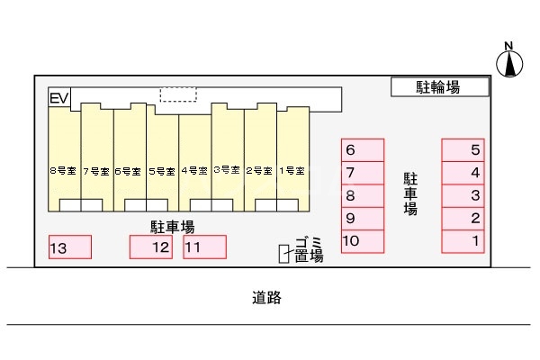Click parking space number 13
tap(69, 247)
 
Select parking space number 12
tap(150, 247)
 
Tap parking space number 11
tap(204, 247)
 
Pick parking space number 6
tap(363, 150)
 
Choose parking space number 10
tap(363, 240)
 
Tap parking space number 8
tap(363, 195)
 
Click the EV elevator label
tap(59, 97)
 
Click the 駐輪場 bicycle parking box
tap(440, 86)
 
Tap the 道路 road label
tap(268, 298)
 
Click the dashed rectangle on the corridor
tap(177, 94)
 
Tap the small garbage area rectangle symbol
tap(284, 256)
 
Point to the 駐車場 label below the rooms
tap(172, 227)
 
